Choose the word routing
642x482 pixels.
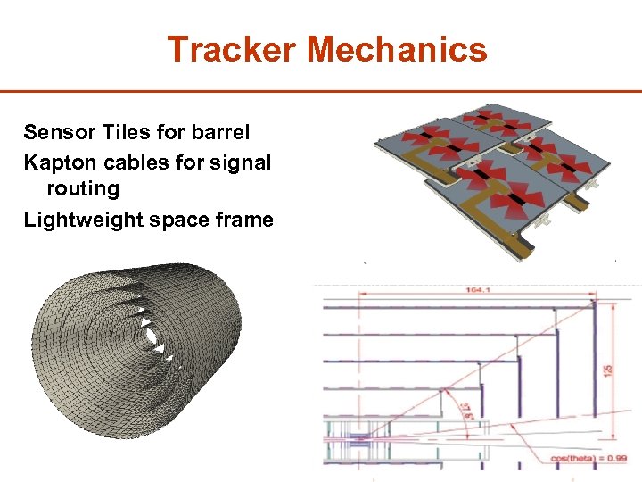(x=83, y=189)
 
